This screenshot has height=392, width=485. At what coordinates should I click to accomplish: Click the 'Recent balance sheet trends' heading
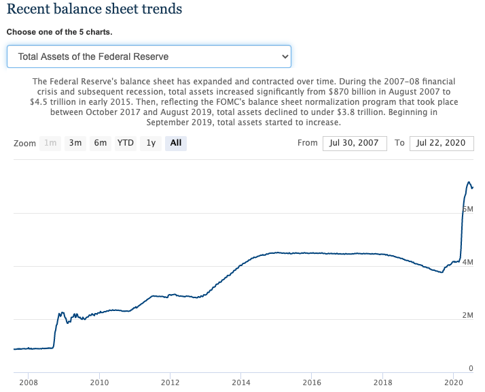[x=95, y=10]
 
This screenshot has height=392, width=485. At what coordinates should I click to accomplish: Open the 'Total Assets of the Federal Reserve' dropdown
[x=149, y=56]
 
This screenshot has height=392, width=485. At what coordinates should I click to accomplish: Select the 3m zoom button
[x=75, y=143]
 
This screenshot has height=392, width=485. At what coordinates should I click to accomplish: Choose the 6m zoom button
[x=101, y=143]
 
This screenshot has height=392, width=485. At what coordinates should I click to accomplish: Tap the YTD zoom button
[x=125, y=143]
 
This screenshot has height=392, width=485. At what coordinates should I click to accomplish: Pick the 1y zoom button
[x=151, y=143]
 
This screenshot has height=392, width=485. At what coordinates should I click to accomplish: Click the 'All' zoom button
[x=176, y=143]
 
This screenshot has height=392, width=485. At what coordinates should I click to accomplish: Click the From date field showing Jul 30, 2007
[x=355, y=143]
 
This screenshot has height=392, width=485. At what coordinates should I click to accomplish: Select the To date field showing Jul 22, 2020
[x=442, y=143]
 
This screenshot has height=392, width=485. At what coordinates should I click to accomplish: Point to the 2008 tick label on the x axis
[x=29, y=382]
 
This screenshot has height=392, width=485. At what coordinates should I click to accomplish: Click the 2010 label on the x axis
[x=99, y=382]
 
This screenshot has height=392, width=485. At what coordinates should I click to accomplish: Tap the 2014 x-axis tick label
[x=240, y=382]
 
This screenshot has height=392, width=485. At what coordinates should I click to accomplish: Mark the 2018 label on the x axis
[x=382, y=382]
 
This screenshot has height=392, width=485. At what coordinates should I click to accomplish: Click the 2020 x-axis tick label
[x=453, y=382]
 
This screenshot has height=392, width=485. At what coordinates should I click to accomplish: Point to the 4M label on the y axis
[x=467, y=262]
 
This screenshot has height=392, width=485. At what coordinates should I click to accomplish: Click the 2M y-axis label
[x=467, y=315]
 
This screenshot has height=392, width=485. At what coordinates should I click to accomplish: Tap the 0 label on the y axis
[x=470, y=368]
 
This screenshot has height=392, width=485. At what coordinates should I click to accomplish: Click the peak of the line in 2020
[x=469, y=182]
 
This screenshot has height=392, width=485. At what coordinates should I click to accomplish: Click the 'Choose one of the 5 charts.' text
[x=60, y=32]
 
